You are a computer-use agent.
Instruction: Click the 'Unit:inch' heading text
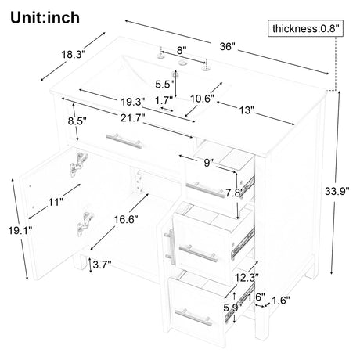click(x=45, y=18)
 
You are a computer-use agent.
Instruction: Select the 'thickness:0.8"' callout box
click(x=305, y=28)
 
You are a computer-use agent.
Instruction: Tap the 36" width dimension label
click(x=228, y=47)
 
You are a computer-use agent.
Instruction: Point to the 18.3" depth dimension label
click(x=74, y=55)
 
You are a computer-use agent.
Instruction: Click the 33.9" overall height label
click(x=337, y=191)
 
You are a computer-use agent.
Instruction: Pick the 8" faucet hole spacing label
click(x=182, y=50)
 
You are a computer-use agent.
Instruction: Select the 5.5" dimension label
click(x=164, y=85)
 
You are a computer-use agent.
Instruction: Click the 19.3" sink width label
click(x=133, y=102)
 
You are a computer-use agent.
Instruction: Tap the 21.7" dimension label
click(x=132, y=118)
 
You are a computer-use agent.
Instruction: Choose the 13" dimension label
click(x=247, y=110)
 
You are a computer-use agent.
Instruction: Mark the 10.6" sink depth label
click(x=202, y=99)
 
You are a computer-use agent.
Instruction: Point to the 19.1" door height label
click(x=20, y=231)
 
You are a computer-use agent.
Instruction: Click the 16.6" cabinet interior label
click(x=126, y=220)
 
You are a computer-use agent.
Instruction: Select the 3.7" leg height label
click(x=102, y=265)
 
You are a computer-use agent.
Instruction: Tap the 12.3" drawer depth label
click(x=247, y=278)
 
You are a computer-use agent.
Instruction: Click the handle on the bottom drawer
click(x=193, y=317)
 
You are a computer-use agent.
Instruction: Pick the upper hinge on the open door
click(x=78, y=164)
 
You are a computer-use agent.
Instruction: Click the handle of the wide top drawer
click(x=124, y=141)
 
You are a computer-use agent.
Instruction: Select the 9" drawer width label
click(x=207, y=163)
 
